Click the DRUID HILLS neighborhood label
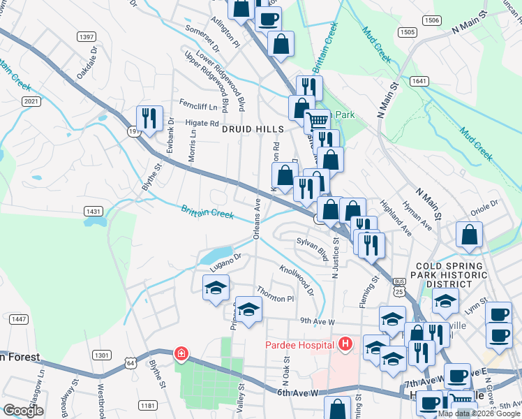pyautogui.click(x=253, y=129)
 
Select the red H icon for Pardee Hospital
pyautogui.click(x=344, y=344)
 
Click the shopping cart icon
pyautogui.click(x=318, y=121)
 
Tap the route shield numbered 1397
pyautogui.click(x=87, y=36)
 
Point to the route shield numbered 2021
pyautogui.click(x=31, y=101)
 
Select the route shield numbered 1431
pyautogui.click(x=94, y=210)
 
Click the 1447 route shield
pyautogui.click(x=19, y=319)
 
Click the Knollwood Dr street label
pyautogui.click(x=297, y=278)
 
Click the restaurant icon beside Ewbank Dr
pyautogui.click(x=149, y=119)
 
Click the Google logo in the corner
pyautogui.click(x=24, y=411)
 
